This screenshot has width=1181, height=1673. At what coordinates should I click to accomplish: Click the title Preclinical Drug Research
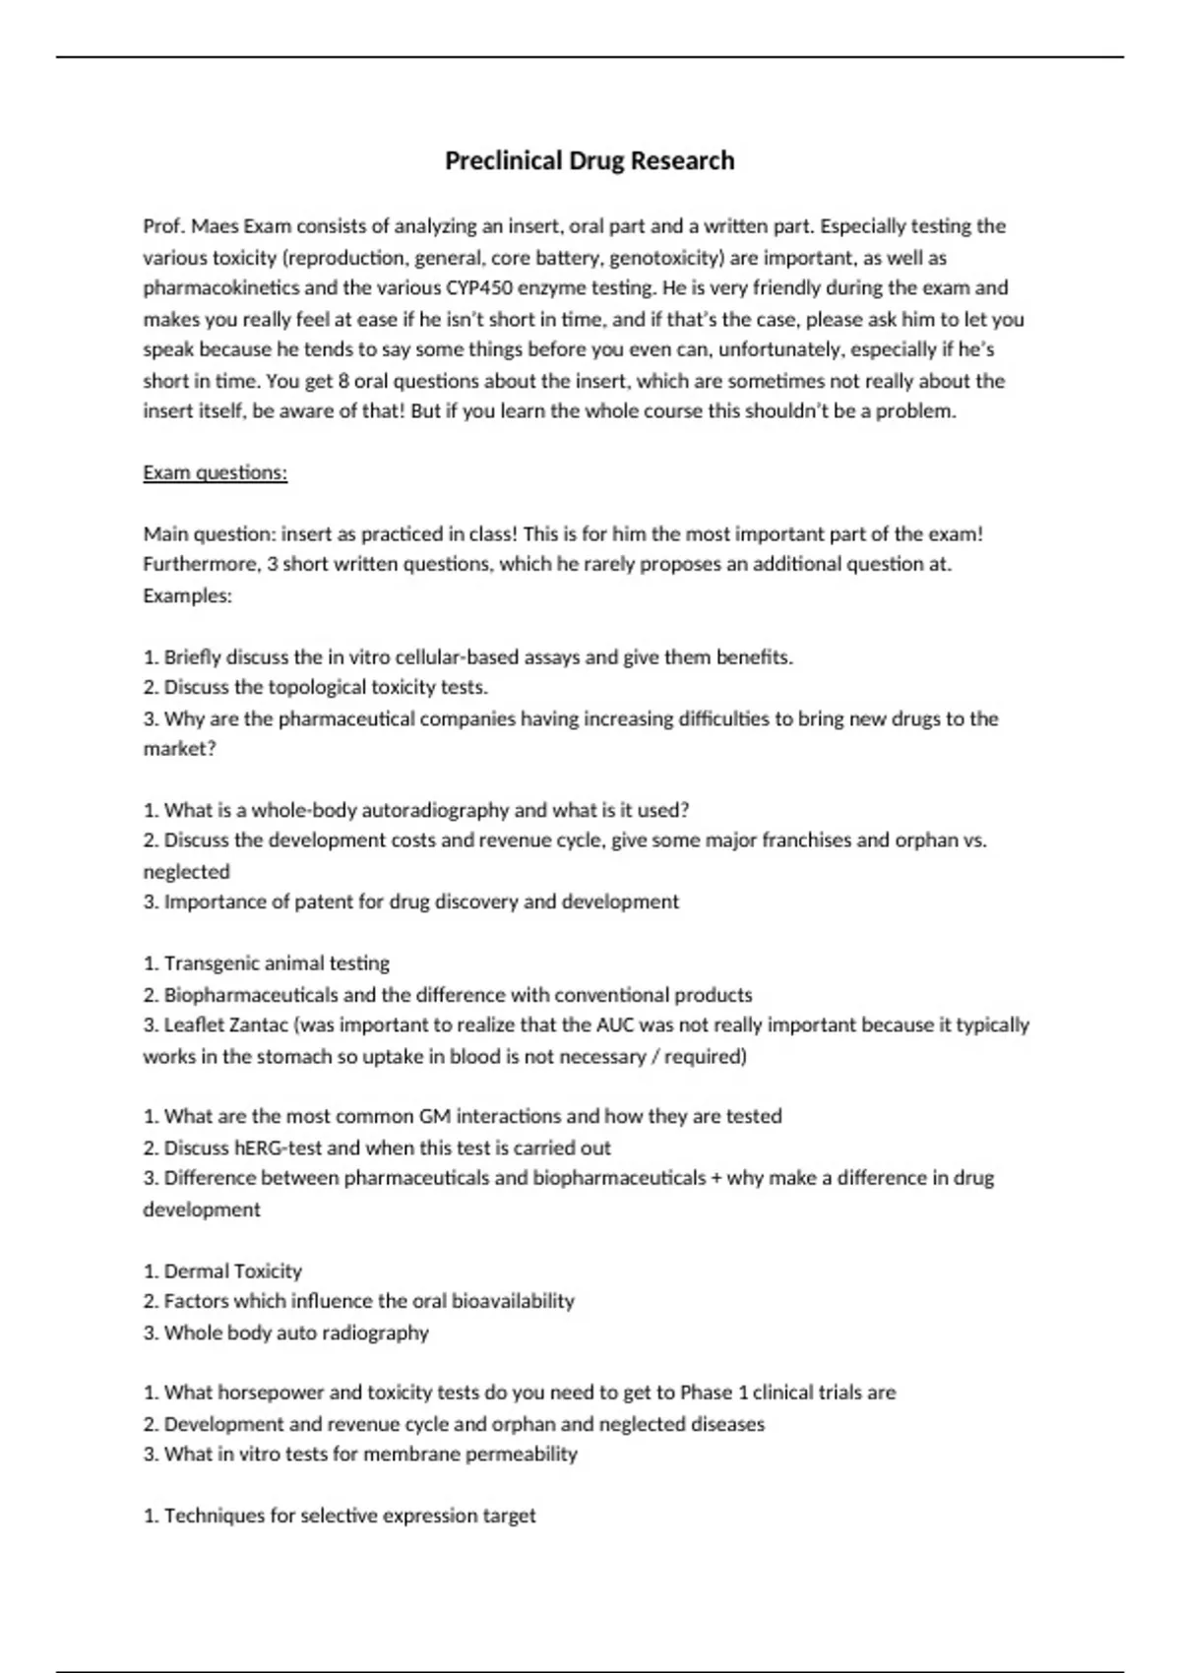coord(590,160)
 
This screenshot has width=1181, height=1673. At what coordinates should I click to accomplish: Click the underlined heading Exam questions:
coord(215,472)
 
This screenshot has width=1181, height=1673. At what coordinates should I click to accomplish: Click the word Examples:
coord(187,595)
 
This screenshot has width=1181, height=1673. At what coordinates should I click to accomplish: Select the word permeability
coord(521,1454)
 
